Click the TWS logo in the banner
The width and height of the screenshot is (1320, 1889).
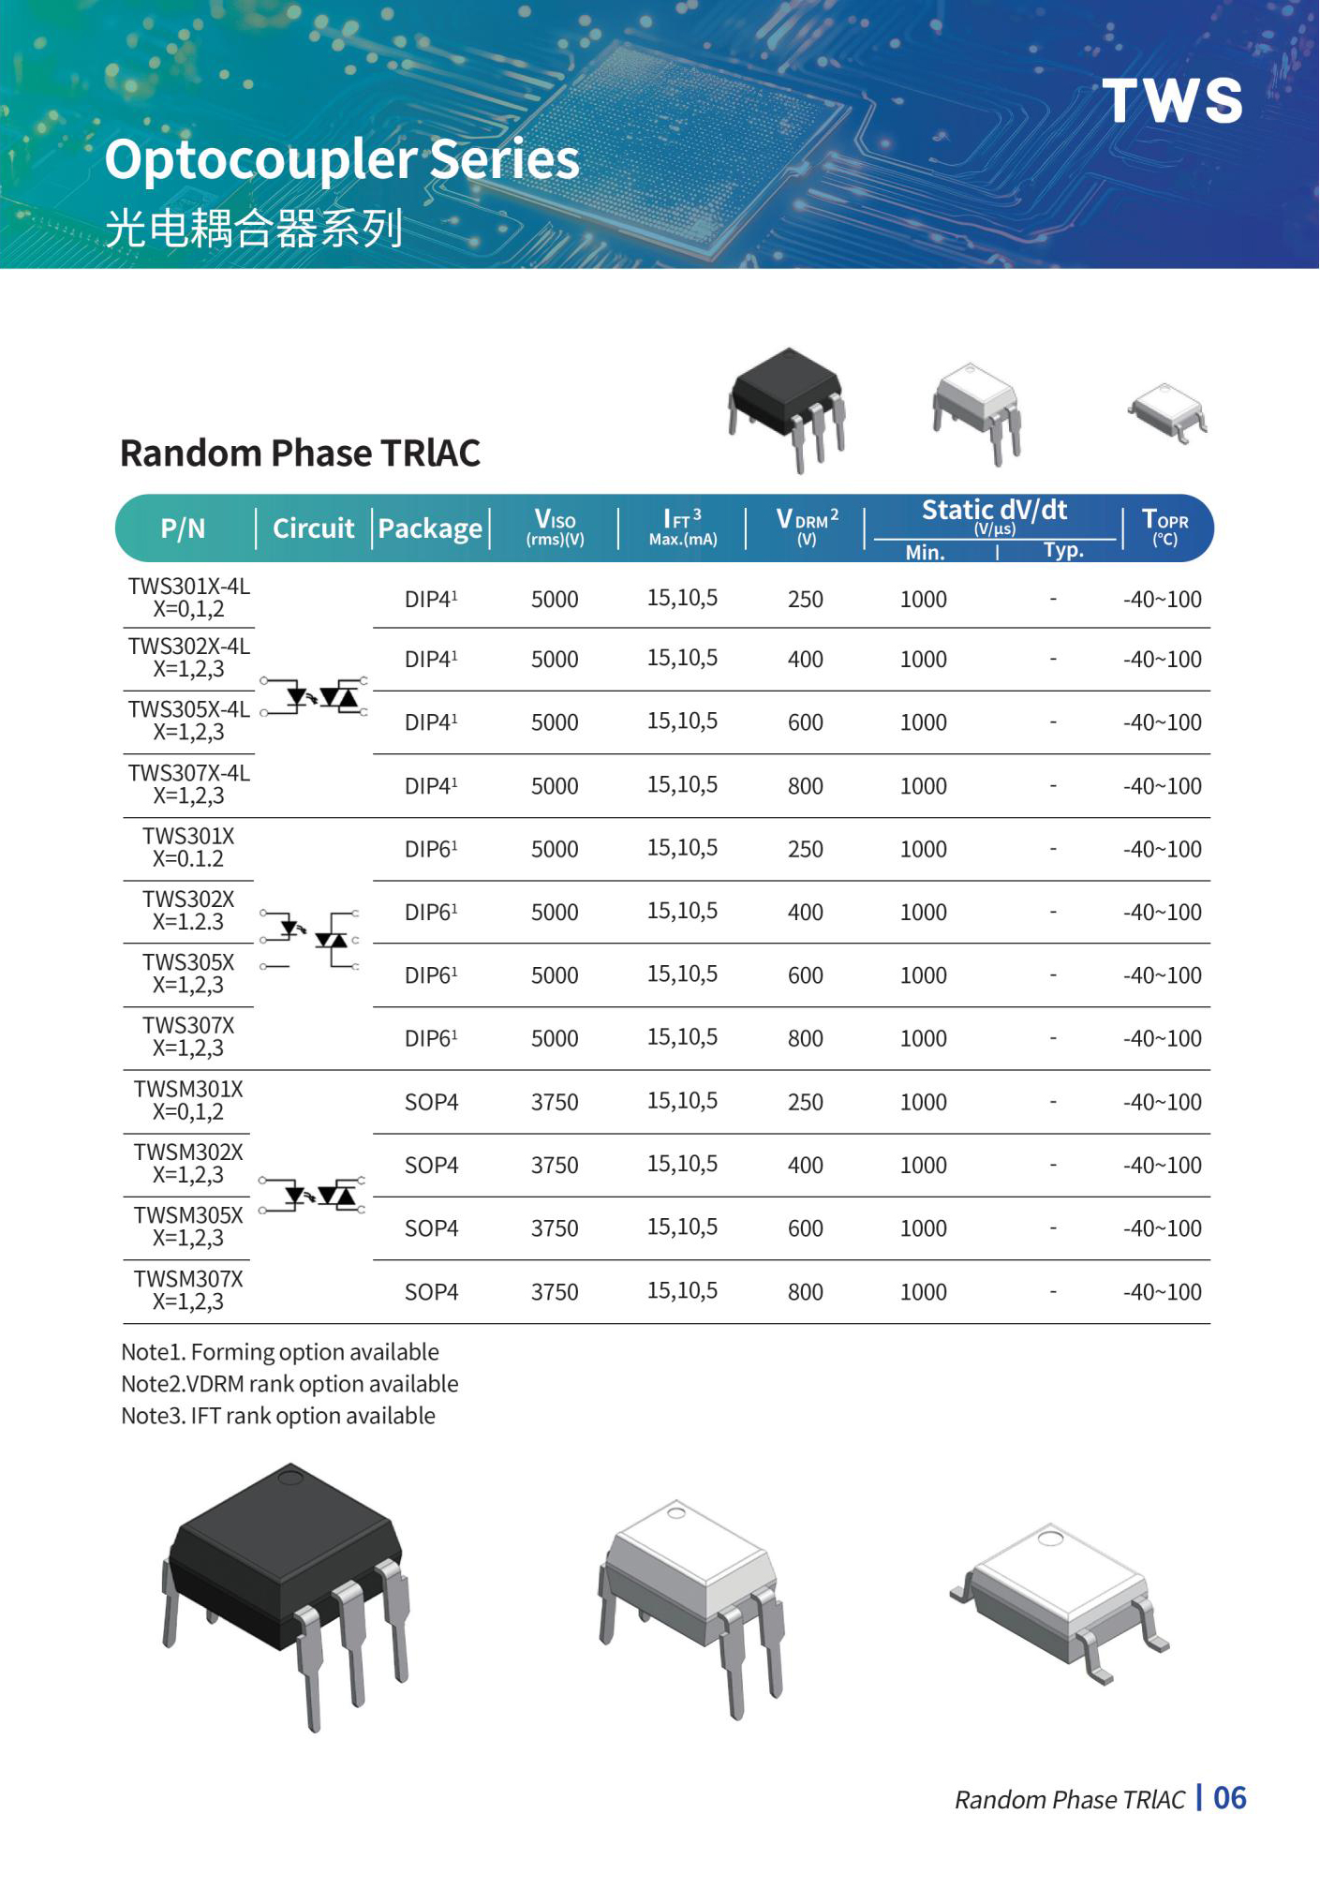1172,100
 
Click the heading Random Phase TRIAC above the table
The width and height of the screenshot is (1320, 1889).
300,454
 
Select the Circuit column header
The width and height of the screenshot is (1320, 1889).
313,528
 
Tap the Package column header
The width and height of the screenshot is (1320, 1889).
430,528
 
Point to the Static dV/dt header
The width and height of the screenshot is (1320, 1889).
994,511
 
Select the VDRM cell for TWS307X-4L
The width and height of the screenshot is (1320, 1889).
805,786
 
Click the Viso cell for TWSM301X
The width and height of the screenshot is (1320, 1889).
555,1102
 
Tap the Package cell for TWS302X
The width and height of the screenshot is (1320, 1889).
431,912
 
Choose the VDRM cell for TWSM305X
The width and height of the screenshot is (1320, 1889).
805,1228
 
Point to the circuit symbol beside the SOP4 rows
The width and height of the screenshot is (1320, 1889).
313,1195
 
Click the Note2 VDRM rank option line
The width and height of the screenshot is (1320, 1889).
289,1384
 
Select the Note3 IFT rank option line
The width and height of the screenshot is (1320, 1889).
278,1416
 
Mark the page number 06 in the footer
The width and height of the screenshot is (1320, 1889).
1229,1798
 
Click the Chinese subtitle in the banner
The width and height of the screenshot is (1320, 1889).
254,228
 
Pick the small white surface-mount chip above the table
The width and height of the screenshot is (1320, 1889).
1167,410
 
